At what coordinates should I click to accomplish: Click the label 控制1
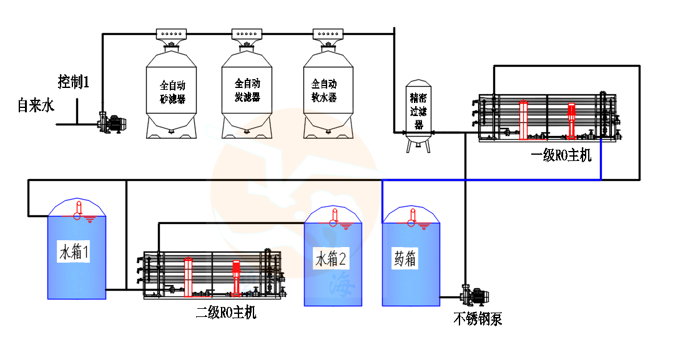(x=74, y=81)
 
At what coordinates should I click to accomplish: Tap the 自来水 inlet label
(x=36, y=105)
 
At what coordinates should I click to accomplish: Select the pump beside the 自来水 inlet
(x=113, y=121)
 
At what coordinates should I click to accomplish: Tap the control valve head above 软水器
(x=328, y=34)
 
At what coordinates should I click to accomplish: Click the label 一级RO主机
(x=560, y=155)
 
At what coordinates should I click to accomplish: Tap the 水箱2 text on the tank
(x=332, y=259)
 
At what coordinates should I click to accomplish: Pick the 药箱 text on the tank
(x=405, y=259)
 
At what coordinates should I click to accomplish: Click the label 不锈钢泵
(x=478, y=319)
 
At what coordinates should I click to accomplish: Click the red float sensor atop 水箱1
(x=78, y=210)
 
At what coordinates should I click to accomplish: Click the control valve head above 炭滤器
(x=248, y=34)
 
